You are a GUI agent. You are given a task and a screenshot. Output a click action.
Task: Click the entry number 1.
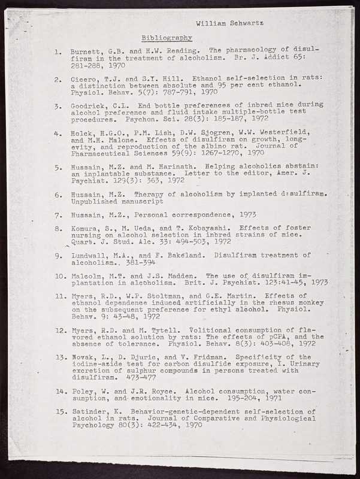56,51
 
